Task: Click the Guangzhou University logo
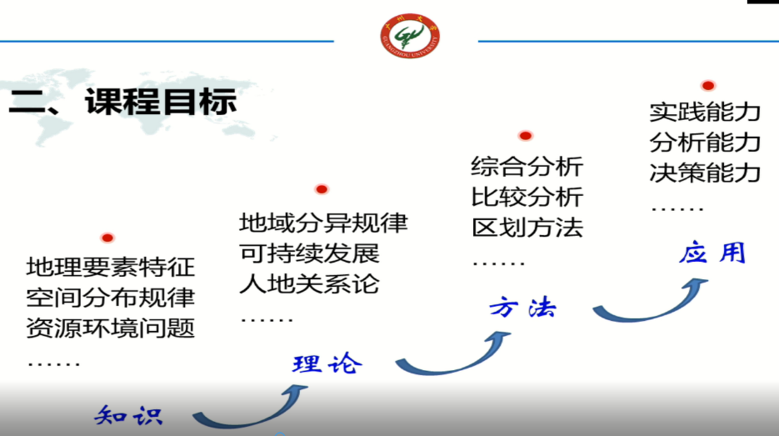tap(410, 36)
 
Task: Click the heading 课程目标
tap(161, 102)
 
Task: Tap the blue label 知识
tap(128, 416)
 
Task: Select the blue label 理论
tap(327, 363)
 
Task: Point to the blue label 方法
tap(522, 308)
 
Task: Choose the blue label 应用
tap(712, 252)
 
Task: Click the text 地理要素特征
tap(110, 267)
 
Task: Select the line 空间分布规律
tap(110, 298)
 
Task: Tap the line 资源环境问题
tap(110, 328)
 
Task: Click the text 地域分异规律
tap(323, 223)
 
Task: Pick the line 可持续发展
tap(309, 253)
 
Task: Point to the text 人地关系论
tap(309, 284)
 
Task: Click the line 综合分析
tap(527, 166)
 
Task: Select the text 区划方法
tap(527, 228)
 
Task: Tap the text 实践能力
tap(705, 112)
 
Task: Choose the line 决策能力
tap(705, 173)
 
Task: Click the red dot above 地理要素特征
tap(107, 238)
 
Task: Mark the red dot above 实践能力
tap(708, 86)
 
